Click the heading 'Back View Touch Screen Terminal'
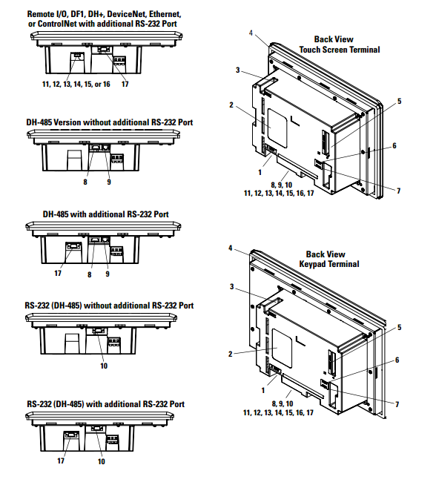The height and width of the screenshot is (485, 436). coord(340,44)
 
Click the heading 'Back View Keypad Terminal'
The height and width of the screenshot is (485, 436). coord(329,260)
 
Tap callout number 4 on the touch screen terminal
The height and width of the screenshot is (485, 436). coord(251,33)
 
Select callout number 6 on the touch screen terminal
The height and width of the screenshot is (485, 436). coord(394,145)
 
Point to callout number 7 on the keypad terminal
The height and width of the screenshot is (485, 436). coord(397,404)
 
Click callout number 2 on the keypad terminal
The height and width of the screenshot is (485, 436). coord(230,354)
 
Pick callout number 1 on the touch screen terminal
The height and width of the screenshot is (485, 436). coord(260,172)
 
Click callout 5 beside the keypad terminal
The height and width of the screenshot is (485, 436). coord(399,328)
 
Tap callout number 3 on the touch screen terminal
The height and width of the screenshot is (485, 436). coord(237,70)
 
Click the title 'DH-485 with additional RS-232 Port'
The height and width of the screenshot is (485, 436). coord(106,214)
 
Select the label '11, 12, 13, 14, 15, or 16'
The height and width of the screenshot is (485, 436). coord(76,84)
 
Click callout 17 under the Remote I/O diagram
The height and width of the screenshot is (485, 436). coord(125,84)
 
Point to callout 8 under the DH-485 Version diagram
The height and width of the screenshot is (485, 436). coord(85,182)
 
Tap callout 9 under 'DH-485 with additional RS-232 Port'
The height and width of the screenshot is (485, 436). coord(108,274)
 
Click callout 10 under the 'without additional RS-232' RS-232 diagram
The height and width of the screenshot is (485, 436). coord(104,366)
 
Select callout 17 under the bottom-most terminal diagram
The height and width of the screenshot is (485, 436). coord(61,461)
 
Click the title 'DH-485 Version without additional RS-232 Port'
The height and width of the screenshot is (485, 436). coord(110,122)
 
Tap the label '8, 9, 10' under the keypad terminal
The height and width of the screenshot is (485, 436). coord(283,403)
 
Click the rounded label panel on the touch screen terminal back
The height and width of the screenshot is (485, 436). coord(277,128)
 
